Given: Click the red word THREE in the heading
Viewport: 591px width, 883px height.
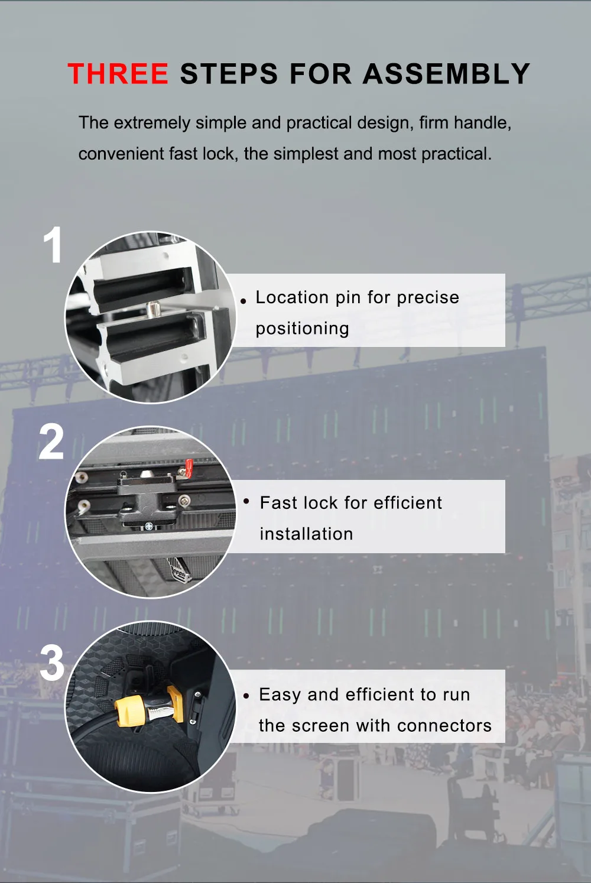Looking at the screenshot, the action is coord(118,73).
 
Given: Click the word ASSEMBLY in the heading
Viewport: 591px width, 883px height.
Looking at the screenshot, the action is coord(446,73).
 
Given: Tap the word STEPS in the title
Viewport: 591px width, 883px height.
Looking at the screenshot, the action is coord(229,73).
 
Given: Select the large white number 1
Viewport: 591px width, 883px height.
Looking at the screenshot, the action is coord(53,245).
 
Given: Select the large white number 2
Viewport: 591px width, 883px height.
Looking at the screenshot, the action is coord(51,441).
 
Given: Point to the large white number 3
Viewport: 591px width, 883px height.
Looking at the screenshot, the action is coord(51,663).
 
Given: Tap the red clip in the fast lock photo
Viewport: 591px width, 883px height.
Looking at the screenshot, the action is coord(189,468).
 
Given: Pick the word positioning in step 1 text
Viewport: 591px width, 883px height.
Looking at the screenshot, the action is coord(303,329).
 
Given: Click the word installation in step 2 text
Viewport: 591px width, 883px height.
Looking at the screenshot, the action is coord(306,534).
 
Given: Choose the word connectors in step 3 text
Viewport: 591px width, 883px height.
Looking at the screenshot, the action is coord(444,726).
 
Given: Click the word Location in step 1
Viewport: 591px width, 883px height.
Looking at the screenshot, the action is coord(292,297).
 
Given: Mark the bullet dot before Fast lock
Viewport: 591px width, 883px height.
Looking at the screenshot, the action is coord(246,501).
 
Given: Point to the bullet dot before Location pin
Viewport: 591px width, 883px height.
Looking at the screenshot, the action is coord(243,301).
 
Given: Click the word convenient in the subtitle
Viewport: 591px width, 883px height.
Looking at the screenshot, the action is coord(121,154).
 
